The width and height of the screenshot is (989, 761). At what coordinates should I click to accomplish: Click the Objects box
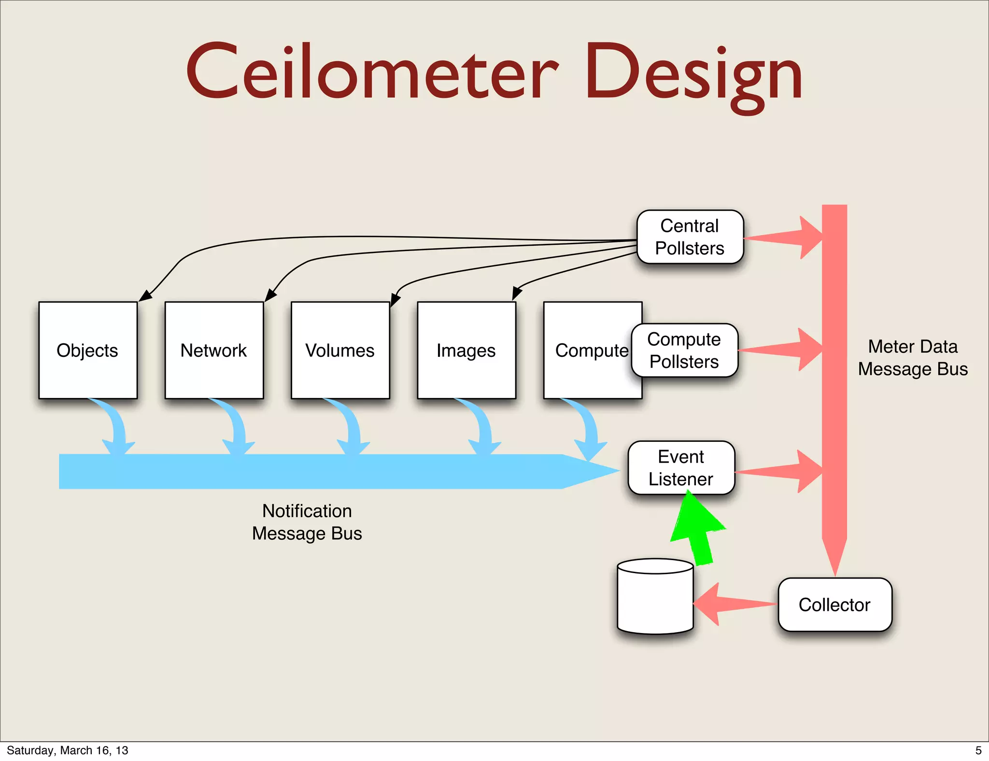click(88, 351)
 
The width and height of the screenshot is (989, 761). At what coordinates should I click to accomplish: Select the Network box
click(214, 351)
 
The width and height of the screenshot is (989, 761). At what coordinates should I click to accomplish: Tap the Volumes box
click(340, 351)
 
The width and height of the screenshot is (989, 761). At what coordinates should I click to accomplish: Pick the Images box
click(466, 351)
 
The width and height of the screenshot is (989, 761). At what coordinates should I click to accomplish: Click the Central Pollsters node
click(690, 237)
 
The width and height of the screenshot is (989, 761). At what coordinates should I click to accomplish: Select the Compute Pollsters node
click(684, 351)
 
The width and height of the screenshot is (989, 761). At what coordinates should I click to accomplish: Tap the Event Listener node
click(681, 468)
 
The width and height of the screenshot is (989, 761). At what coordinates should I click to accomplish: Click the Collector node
click(834, 605)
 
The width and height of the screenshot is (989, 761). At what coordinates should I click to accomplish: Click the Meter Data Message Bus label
click(912, 358)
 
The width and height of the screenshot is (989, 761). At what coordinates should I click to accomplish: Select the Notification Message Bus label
click(307, 522)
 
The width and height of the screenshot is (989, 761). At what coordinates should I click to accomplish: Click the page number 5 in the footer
click(978, 750)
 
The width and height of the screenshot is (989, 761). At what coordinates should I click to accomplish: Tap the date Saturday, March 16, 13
click(68, 750)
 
